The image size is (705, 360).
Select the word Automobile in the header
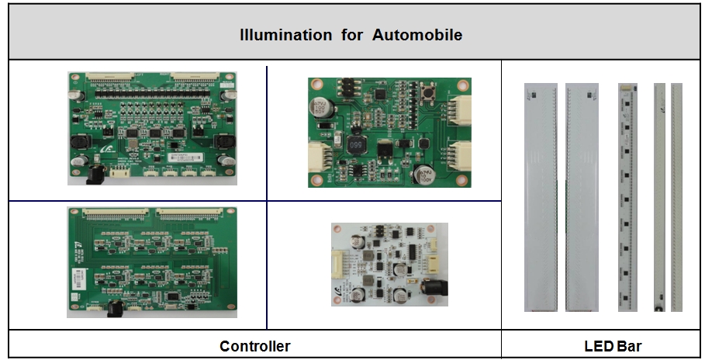point(417,35)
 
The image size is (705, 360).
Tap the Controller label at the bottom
point(254,346)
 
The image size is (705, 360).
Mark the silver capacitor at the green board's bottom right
point(424,174)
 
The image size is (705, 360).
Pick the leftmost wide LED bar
point(541,197)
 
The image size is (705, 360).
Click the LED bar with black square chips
point(627,197)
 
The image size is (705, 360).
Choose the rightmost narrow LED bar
point(677,197)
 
